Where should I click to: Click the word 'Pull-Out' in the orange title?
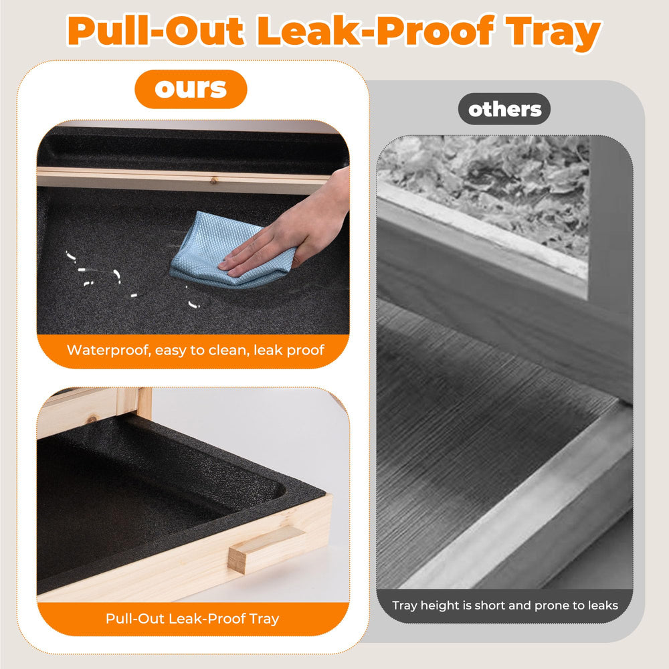[156, 31]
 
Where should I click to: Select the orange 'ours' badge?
[191, 89]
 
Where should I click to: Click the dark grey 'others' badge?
[504, 109]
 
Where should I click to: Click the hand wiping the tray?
[290, 230]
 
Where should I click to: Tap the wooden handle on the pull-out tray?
[266, 548]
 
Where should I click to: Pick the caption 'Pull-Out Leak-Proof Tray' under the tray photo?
[193, 618]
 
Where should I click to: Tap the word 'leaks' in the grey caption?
[603, 605]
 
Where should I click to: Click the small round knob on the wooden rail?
[213, 181]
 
